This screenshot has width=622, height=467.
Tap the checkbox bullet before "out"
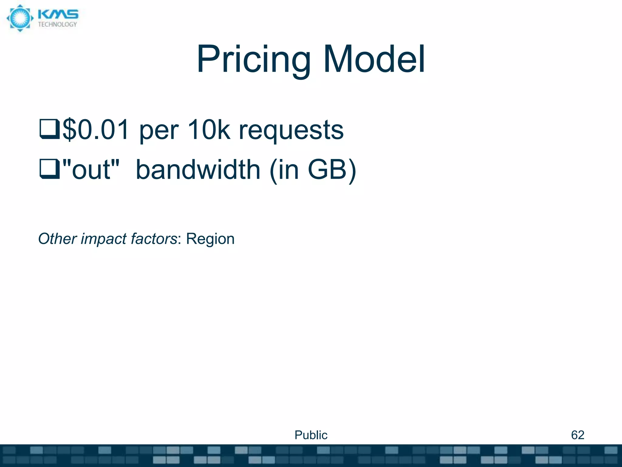50,169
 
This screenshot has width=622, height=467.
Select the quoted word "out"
91,169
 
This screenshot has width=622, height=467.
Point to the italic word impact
103,239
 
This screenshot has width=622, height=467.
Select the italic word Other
57,239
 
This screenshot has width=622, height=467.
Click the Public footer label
311,435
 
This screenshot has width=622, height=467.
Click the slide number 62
577,435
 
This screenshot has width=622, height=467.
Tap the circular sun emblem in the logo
20,18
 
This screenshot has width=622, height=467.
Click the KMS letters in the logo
58,15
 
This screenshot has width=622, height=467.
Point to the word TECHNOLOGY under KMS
57,25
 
